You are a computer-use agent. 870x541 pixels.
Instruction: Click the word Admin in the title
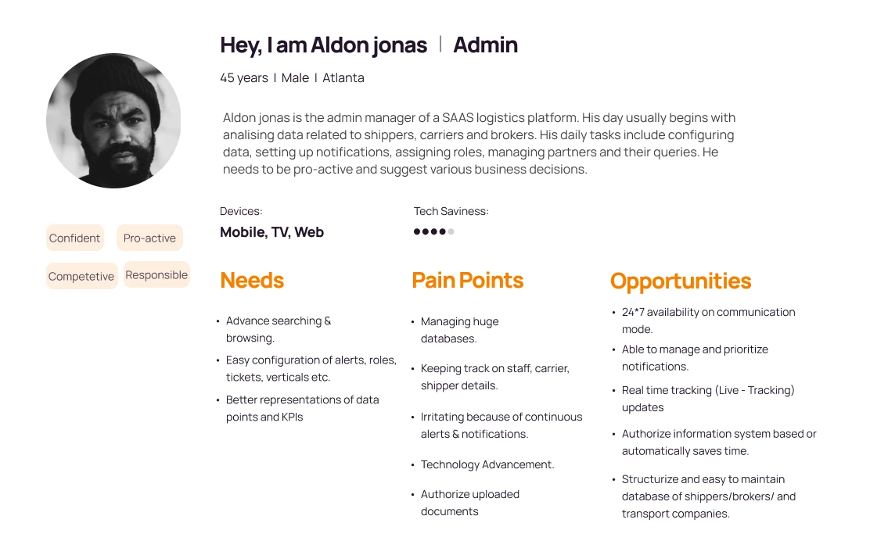(486, 45)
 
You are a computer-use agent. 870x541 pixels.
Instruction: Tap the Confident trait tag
(75, 238)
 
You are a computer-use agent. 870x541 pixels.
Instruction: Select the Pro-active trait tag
(149, 238)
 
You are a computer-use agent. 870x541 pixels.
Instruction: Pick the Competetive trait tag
(81, 276)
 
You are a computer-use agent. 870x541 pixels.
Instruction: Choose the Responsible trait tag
(156, 275)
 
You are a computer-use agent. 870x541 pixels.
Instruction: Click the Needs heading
(252, 281)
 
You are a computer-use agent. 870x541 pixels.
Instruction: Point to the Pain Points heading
(467, 281)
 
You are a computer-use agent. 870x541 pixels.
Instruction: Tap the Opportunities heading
(681, 281)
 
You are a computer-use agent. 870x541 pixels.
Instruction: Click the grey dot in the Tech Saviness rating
(451, 231)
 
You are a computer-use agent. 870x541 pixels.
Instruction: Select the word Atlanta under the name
(343, 78)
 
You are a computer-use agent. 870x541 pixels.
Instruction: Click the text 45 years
(244, 78)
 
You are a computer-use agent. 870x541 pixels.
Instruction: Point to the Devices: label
(241, 211)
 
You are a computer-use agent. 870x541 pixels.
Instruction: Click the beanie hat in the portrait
(113, 83)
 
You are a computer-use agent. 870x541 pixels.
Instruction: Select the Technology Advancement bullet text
(487, 464)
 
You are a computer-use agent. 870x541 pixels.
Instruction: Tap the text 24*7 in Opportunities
(633, 312)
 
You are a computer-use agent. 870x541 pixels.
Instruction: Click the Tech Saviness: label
(451, 211)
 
